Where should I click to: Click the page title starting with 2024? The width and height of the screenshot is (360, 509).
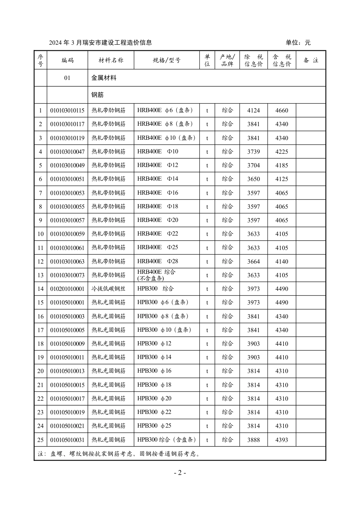[100, 43]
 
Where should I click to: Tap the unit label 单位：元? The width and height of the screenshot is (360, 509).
[298, 43]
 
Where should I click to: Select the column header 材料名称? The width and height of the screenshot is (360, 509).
[111, 60]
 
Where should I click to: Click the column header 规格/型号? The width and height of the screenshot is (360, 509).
[167, 60]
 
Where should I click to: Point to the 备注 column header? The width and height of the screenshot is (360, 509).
[311, 60]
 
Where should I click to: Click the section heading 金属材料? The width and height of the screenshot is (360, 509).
[104, 78]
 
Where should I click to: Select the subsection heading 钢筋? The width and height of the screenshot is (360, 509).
[97, 95]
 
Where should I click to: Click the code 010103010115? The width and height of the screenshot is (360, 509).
[67, 111]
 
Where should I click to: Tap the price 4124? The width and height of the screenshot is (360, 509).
[254, 111]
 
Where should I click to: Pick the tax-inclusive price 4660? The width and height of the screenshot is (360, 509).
[282, 111]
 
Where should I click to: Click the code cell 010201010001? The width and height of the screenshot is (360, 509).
[67, 289]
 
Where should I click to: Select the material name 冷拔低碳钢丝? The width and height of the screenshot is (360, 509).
[108, 289]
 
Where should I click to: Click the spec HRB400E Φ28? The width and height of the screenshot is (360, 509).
[158, 261]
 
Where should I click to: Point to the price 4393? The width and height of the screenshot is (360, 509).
[282, 440]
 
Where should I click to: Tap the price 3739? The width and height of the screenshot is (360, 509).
[254, 152]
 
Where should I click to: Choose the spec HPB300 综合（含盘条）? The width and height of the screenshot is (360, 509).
[167, 440]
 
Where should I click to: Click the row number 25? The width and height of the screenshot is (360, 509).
[41, 440]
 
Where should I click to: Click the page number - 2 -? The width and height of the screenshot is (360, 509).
[180, 473]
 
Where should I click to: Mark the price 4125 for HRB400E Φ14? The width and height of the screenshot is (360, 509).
[282, 179]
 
